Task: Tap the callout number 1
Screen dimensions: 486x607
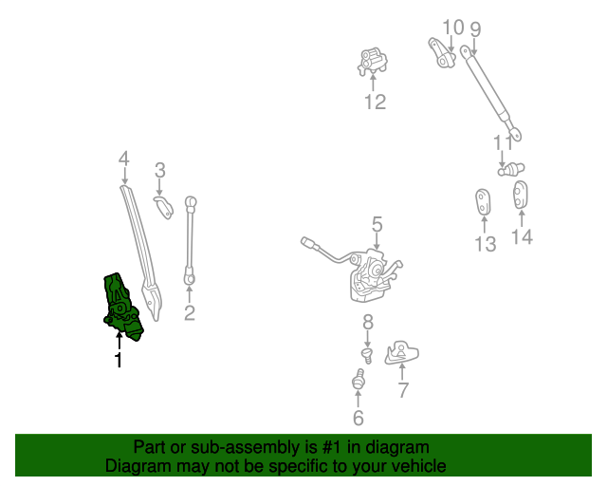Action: tap(119, 361)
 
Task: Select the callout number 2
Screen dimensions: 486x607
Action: tap(189, 312)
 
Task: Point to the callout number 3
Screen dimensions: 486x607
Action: tap(160, 171)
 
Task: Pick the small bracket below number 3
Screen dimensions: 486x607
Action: tap(165, 206)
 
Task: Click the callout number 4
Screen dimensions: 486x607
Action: tap(123, 158)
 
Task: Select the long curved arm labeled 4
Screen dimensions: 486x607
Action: tap(139, 247)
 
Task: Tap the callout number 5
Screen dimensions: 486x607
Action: tap(377, 224)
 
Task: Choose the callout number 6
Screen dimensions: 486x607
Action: tap(358, 418)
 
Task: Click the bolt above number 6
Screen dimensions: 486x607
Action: tap(359, 382)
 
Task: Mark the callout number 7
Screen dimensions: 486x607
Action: tap(403, 389)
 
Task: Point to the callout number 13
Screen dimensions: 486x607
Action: tap(485, 244)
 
